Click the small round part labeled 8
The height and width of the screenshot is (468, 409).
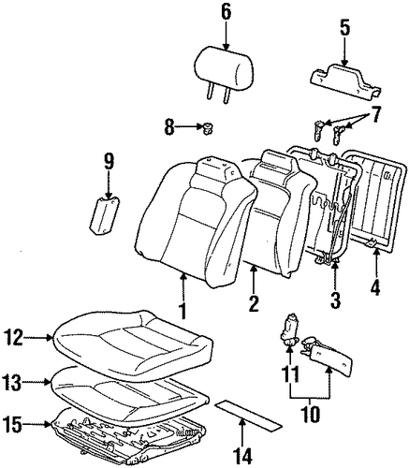coord(207,128)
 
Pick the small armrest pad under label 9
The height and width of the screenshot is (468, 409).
coord(104,215)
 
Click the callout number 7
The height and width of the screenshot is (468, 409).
coord(375,115)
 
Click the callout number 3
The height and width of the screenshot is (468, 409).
coord(335,298)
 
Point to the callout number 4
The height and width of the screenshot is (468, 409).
coord(376,286)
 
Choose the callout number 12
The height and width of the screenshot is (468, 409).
coord(14,338)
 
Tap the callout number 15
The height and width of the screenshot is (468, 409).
coord(13,425)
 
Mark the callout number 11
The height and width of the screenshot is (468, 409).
coord(290,373)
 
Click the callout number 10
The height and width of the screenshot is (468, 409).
coord(311,414)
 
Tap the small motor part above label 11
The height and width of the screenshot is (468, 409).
coord(289,330)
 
